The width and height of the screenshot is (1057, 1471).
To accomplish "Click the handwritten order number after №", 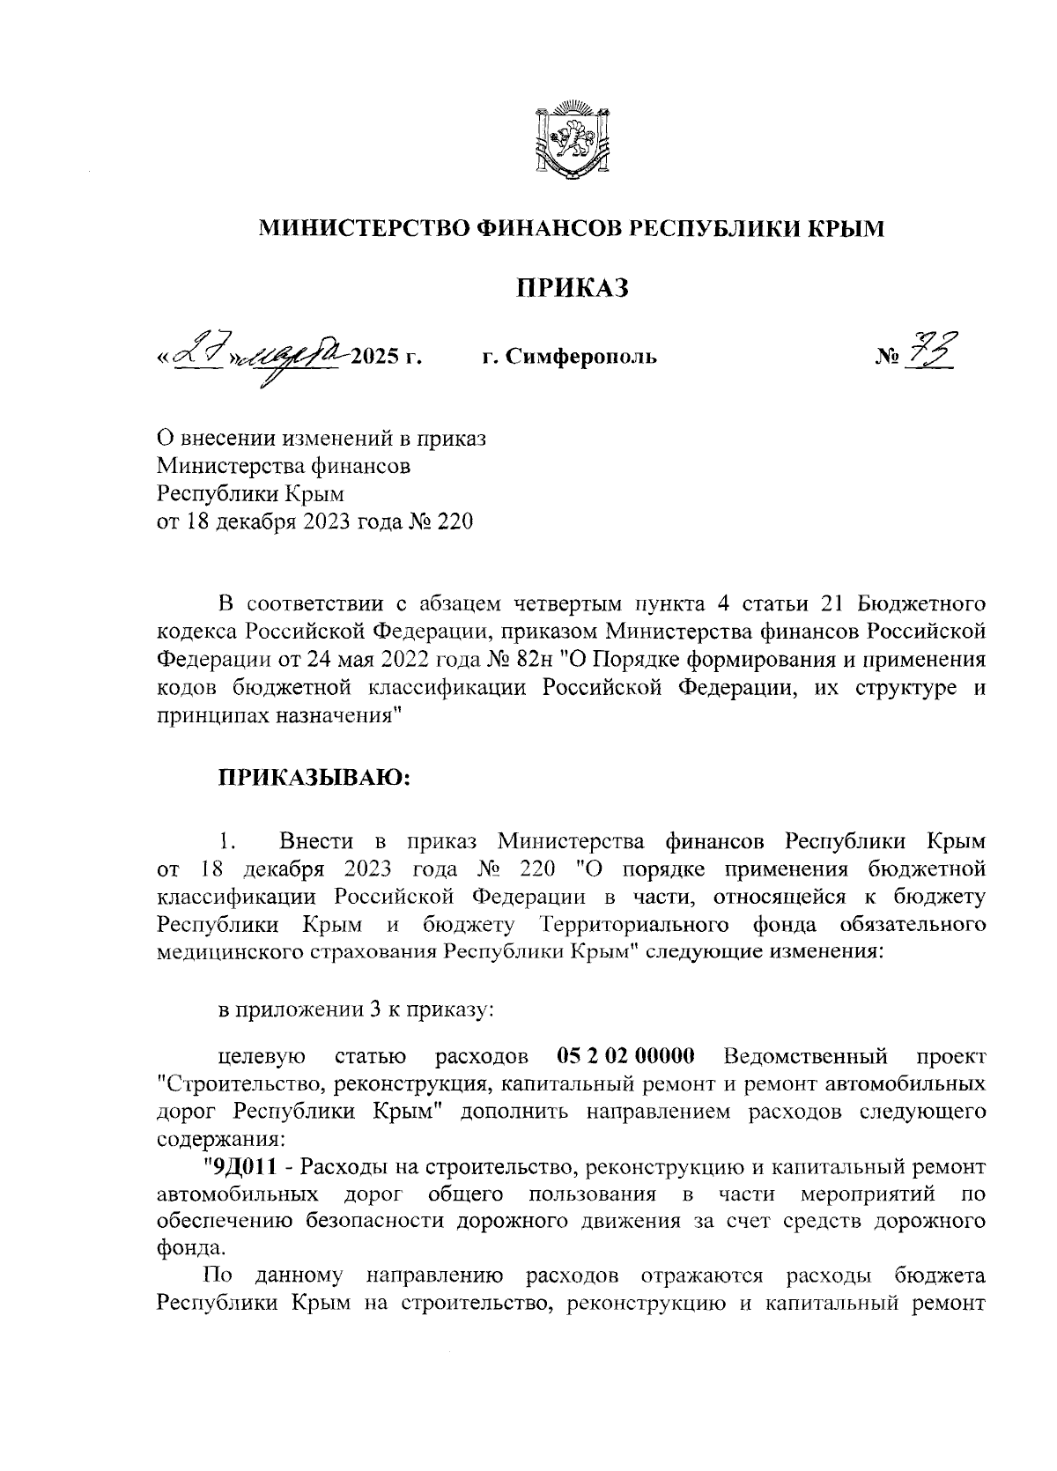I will [x=936, y=351].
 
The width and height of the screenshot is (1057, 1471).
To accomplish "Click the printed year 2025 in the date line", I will [x=373, y=358].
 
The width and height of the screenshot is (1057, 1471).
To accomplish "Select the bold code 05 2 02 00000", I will [x=626, y=1054].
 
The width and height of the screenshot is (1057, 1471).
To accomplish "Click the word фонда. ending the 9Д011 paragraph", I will [x=183, y=1248].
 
